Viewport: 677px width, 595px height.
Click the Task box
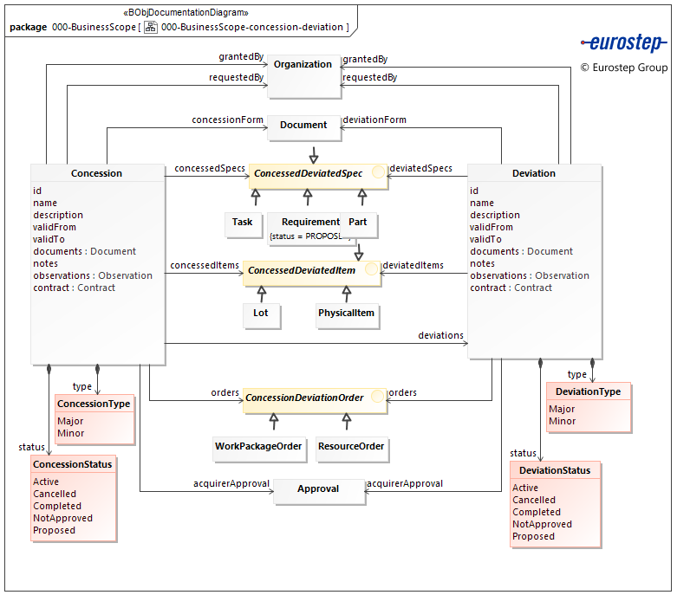pos(243,223)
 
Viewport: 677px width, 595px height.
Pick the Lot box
pos(261,314)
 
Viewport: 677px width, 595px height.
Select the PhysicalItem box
pos(346,314)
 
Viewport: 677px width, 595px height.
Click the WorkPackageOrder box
pos(258,447)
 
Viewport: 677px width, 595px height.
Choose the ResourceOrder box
pos(351,447)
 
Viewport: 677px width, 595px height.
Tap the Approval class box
pos(318,489)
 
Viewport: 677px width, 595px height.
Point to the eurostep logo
pos(622,43)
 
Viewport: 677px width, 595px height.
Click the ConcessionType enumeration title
pos(94,404)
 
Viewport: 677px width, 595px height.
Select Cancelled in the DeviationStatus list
pos(533,500)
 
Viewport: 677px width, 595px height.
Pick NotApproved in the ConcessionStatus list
pos(62,518)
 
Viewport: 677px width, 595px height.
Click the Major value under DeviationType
pos(562,409)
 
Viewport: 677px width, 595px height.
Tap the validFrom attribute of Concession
pos(55,227)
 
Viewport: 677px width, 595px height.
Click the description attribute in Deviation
pos(495,215)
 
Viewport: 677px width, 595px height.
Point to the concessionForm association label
pos(227,120)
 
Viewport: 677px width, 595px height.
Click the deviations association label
pos(440,335)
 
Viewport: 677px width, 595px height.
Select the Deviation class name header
pos(534,173)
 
